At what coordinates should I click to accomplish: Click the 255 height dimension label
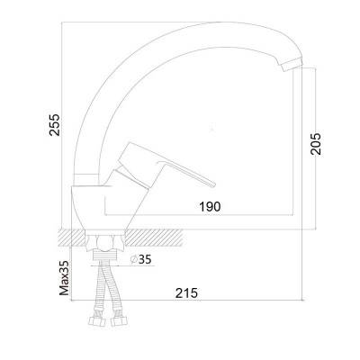[x=55, y=125]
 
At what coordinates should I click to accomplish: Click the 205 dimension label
[x=316, y=144]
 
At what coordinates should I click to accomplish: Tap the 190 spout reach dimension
[x=210, y=206]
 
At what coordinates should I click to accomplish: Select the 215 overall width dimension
[x=187, y=293]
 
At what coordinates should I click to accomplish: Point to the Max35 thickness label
[x=64, y=277]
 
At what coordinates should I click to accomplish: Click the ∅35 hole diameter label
[x=141, y=259]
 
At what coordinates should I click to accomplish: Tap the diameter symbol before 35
[x=134, y=259]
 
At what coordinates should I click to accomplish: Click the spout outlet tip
[x=292, y=65]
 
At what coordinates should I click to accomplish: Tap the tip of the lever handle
[x=212, y=184]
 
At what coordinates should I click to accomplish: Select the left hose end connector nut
[x=96, y=321]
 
